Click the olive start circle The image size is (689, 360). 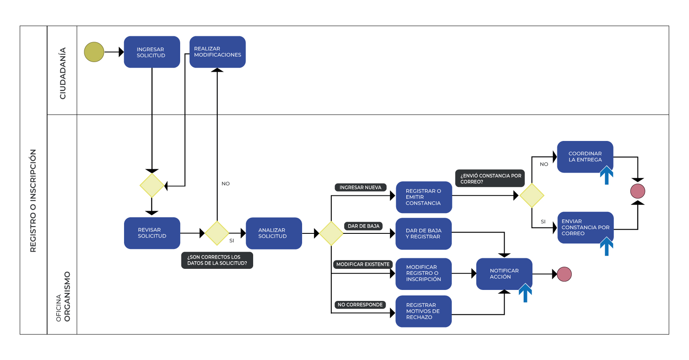(x=94, y=52)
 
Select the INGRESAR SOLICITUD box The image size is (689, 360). (x=152, y=52)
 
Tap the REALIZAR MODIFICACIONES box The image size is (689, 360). (x=217, y=52)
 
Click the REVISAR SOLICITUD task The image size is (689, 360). (x=152, y=233)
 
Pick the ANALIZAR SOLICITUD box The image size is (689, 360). (x=273, y=233)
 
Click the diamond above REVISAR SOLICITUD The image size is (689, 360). (x=152, y=185)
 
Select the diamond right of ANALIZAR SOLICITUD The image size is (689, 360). (x=331, y=233)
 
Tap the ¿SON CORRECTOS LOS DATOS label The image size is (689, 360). (x=217, y=260)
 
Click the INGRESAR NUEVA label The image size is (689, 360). (x=360, y=187)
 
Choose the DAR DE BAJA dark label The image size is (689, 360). (x=363, y=226)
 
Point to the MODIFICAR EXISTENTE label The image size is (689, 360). (x=363, y=264)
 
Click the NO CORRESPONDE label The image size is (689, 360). (x=360, y=305)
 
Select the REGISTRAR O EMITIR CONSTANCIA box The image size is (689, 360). (x=424, y=197)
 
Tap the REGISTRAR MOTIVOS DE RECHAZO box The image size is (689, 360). (x=423, y=311)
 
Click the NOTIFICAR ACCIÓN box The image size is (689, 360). (x=504, y=273)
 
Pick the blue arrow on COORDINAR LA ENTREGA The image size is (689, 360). (x=606, y=175)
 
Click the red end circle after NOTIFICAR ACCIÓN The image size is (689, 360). (x=564, y=274)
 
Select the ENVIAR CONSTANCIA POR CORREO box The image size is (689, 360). (x=585, y=227)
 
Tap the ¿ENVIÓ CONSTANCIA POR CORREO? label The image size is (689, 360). (x=490, y=179)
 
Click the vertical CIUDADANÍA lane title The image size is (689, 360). (x=63, y=73)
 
